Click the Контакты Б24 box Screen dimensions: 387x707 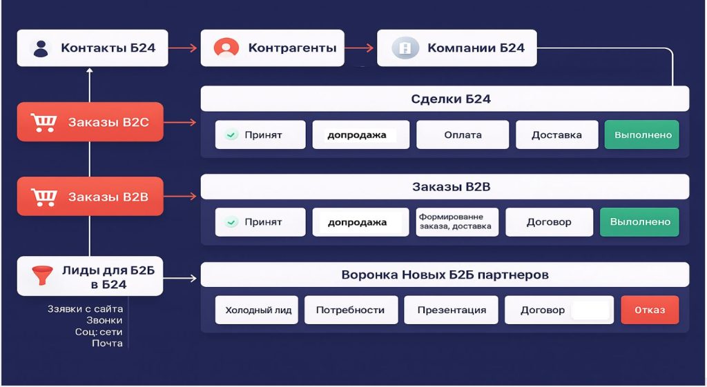point(93,48)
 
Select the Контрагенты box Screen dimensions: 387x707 point(272,48)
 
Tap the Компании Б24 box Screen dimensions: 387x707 point(457,48)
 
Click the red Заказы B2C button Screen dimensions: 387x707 point(90,123)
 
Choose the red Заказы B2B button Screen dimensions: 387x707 point(90,197)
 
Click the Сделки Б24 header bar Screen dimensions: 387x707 point(445,99)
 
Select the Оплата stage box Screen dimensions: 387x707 point(463,135)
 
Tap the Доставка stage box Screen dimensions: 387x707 point(556,135)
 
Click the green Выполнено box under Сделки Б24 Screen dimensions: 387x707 point(641,135)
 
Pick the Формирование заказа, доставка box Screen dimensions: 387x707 point(456,222)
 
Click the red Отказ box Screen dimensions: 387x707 point(649,310)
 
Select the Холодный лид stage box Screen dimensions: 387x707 point(258,310)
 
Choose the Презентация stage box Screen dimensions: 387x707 point(451,310)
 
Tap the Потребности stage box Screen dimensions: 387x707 point(350,310)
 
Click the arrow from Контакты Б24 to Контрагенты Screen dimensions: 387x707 point(184,48)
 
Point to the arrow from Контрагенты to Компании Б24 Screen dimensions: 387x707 point(360,48)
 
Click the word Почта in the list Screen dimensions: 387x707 point(107,343)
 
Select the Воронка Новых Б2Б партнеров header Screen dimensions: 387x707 point(445,275)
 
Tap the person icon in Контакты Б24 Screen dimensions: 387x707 point(42,48)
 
